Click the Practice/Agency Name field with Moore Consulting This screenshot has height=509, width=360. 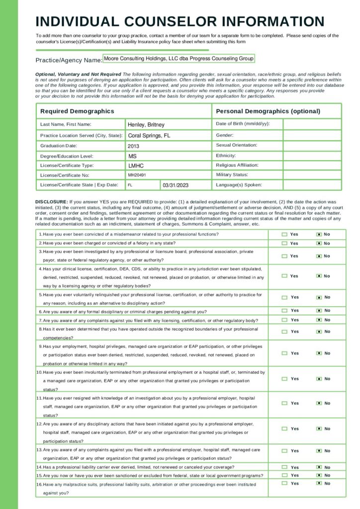(x=178, y=59)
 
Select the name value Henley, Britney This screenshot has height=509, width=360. (x=146, y=125)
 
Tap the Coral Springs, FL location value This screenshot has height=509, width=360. (x=149, y=135)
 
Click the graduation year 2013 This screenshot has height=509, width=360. (x=133, y=146)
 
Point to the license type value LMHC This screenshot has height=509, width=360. (x=135, y=166)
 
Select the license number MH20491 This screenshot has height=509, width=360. (x=137, y=175)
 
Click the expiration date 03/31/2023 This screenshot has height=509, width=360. (x=176, y=185)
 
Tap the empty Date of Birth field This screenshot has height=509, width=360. (x=312, y=124)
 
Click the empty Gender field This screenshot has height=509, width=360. (x=312, y=135)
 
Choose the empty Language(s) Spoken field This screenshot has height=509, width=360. (x=312, y=185)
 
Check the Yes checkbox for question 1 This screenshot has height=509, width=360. (x=284, y=234)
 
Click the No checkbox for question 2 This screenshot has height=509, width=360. (x=319, y=244)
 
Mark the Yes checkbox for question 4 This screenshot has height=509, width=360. (x=284, y=276)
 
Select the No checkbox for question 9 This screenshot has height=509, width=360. (x=319, y=353)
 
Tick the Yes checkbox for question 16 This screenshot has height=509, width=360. (x=284, y=483)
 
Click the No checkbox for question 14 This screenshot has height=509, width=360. (x=319, y=467)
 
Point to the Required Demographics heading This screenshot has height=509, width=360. (x=77, y=111)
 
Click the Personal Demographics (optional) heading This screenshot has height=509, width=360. (x=268, y=111)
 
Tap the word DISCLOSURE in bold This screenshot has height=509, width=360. (x=48, y=202)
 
